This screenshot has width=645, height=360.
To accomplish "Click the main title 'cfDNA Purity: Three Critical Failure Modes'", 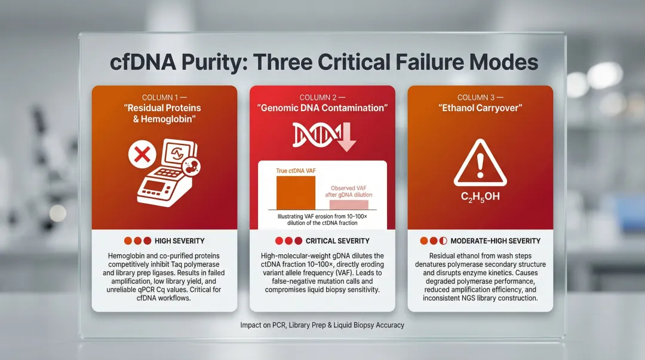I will point(322,61).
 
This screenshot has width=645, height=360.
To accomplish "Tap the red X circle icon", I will point(143,156).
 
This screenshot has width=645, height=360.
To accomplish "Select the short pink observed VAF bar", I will point(349,204).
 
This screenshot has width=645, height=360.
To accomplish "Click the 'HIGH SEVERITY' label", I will point(179,241).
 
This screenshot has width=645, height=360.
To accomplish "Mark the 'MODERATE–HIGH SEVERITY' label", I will point(495,241).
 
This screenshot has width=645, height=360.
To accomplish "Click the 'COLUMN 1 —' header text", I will point(164,97).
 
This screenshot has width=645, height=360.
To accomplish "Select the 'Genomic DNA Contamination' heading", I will point(322,108).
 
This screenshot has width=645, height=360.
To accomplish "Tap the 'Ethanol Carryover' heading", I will point(480,108).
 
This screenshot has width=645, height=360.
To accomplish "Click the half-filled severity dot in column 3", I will point(443,241).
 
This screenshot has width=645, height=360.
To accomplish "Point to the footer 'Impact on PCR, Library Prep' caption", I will point(322,325).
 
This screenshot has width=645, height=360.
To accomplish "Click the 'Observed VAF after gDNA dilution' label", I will point(351,191).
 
